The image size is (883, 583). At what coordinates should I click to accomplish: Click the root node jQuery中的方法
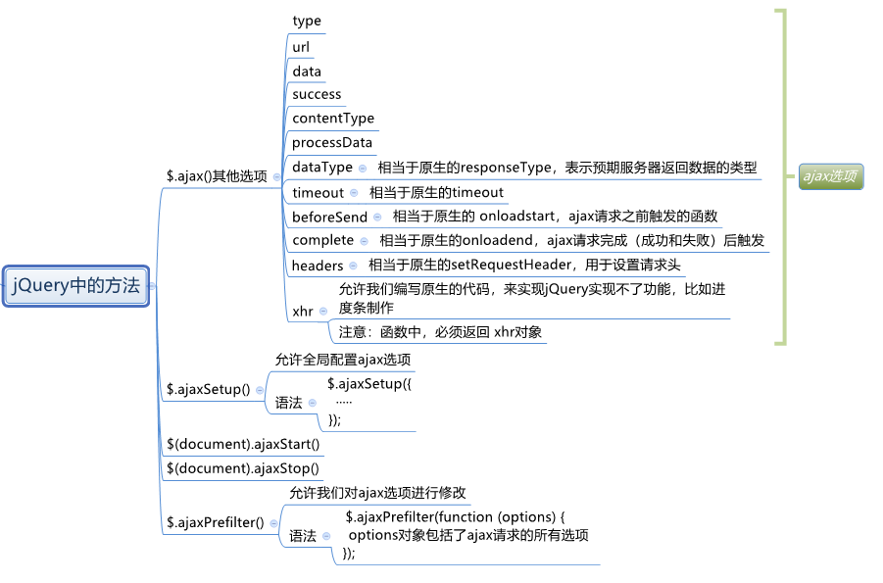point(75,286)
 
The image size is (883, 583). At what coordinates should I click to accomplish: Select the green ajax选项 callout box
point(830,176)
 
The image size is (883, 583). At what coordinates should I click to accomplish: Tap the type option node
point(307,22)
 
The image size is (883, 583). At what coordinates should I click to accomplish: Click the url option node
point(301,46)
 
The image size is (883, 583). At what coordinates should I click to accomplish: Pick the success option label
point(317,94)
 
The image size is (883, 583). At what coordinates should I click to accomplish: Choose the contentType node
point(333,119)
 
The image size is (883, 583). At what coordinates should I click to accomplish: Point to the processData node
point(332,143)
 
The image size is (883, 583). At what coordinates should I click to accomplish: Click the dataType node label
point(322,168)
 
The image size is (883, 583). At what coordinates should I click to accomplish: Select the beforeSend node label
point(329,217)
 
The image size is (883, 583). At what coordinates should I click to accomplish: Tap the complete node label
point(322,240)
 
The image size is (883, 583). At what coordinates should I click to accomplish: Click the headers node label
point(318,266)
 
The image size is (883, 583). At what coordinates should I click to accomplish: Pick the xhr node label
point(303,312)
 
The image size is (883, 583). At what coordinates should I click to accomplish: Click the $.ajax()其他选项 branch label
point(217,176)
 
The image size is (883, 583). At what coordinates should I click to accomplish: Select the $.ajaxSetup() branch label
point(209,389)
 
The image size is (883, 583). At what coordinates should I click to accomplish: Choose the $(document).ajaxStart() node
point(243,444)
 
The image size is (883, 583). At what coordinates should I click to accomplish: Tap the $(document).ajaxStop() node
point(243,468)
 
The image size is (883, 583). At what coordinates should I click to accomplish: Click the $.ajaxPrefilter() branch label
point(216,522)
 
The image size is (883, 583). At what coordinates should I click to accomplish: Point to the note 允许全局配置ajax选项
point(342,360)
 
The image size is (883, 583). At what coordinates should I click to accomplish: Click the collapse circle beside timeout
point(355,193)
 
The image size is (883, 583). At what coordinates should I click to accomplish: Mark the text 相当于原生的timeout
point(436,192)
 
